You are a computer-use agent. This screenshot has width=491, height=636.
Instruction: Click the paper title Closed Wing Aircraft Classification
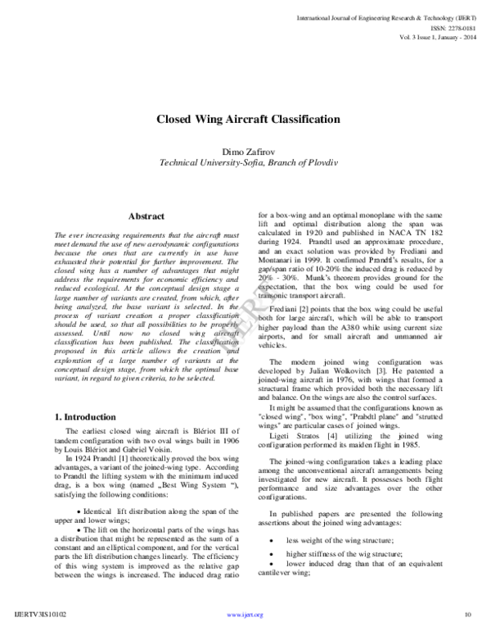pos(247,120)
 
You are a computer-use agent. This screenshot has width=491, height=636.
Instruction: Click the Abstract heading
pos(147,216)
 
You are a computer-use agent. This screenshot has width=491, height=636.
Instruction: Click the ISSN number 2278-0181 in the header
pos(451,25)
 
